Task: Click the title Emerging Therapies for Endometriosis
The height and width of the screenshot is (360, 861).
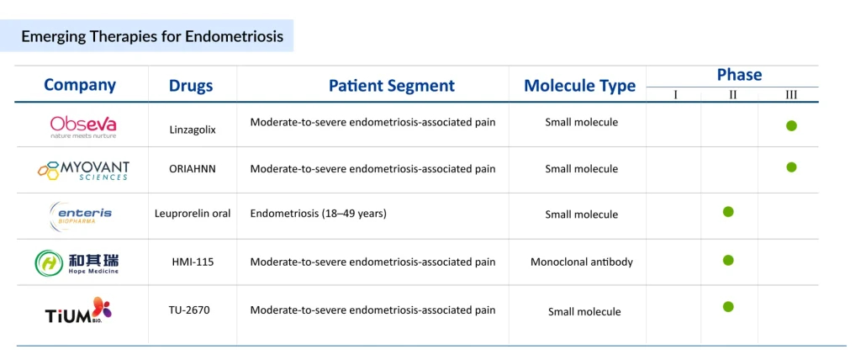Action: [x=152, y=36]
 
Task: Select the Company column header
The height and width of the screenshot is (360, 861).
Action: [x=80, y=85]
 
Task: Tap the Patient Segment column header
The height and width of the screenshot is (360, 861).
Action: [x=391, y=86]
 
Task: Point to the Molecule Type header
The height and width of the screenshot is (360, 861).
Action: [x=579, y=86]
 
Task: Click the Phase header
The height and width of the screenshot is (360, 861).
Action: [x=739, y=75]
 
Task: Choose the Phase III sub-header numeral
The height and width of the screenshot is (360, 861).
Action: [x=791, y=95]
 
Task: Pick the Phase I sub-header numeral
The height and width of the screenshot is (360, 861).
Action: [x=675, y=95]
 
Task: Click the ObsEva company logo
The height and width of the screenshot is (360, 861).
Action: [x=83, y=126]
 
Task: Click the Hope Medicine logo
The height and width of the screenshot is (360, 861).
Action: [x=77, y=262]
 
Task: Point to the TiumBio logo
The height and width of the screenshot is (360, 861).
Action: [x=78, y=311]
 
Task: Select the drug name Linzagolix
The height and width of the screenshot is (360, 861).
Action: [x=193, y=130]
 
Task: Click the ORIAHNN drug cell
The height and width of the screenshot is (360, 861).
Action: [x=193, y=168]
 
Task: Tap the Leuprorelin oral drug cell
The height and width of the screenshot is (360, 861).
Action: [x=193, y=214]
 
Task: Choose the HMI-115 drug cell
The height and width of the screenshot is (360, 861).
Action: [x=193, y=262]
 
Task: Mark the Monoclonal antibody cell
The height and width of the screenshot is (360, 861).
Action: [x=582, y=262]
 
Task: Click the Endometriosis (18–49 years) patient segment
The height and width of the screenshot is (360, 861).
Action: [x=318, y=214]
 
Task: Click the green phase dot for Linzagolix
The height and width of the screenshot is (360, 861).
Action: [x=791, y=125]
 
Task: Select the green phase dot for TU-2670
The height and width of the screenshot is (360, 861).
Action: [x=728, y=306]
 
